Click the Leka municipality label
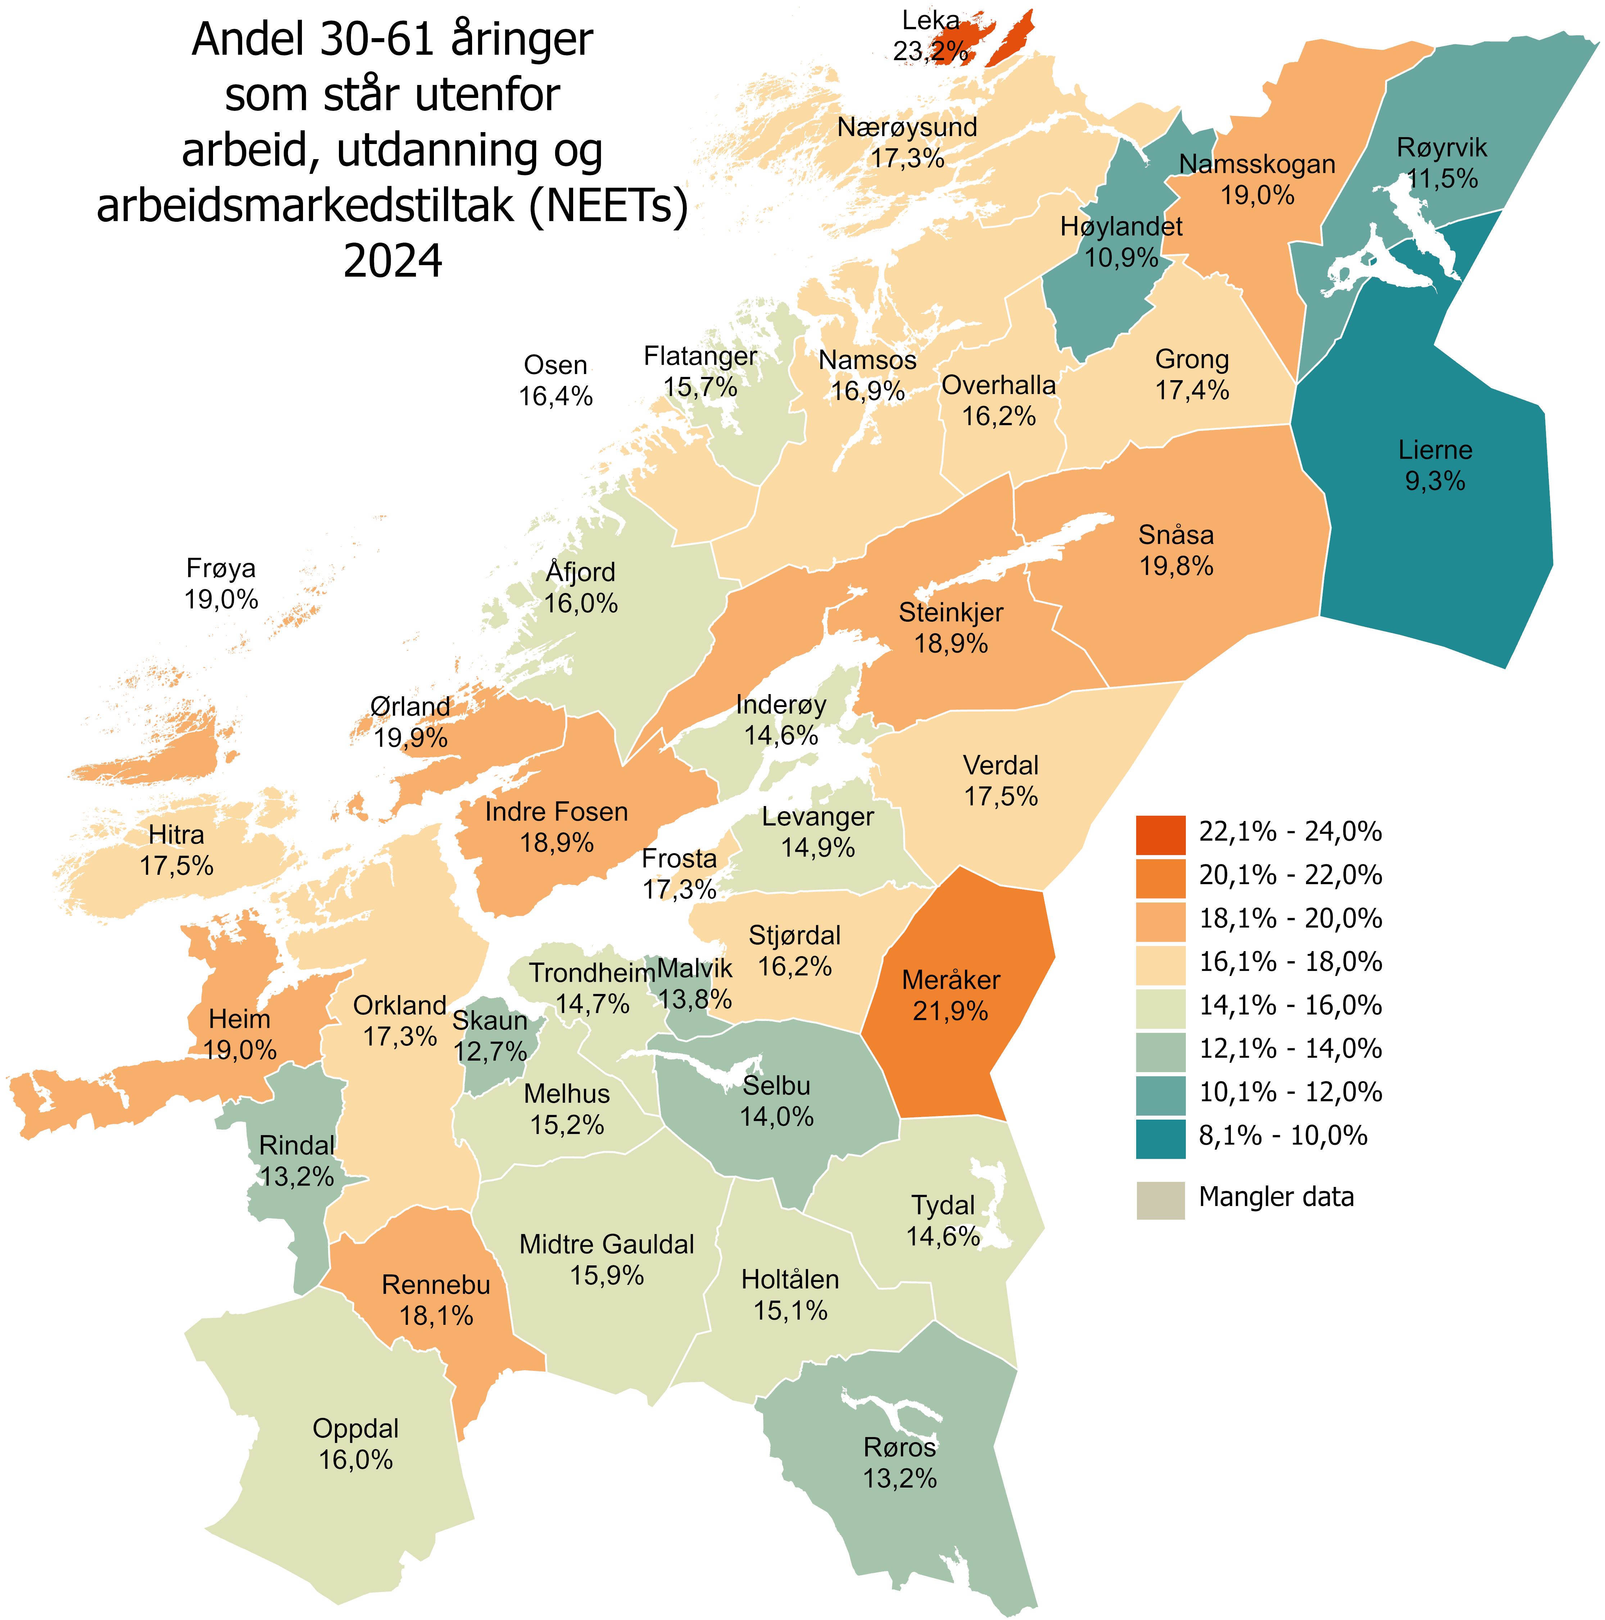click(930, 20)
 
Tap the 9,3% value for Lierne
click(1435, 481)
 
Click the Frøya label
click(221, 568)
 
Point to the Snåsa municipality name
click(1176, 535)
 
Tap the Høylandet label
click(1121, 226)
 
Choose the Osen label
click(556, 366)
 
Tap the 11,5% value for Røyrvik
click(1442, 179)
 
